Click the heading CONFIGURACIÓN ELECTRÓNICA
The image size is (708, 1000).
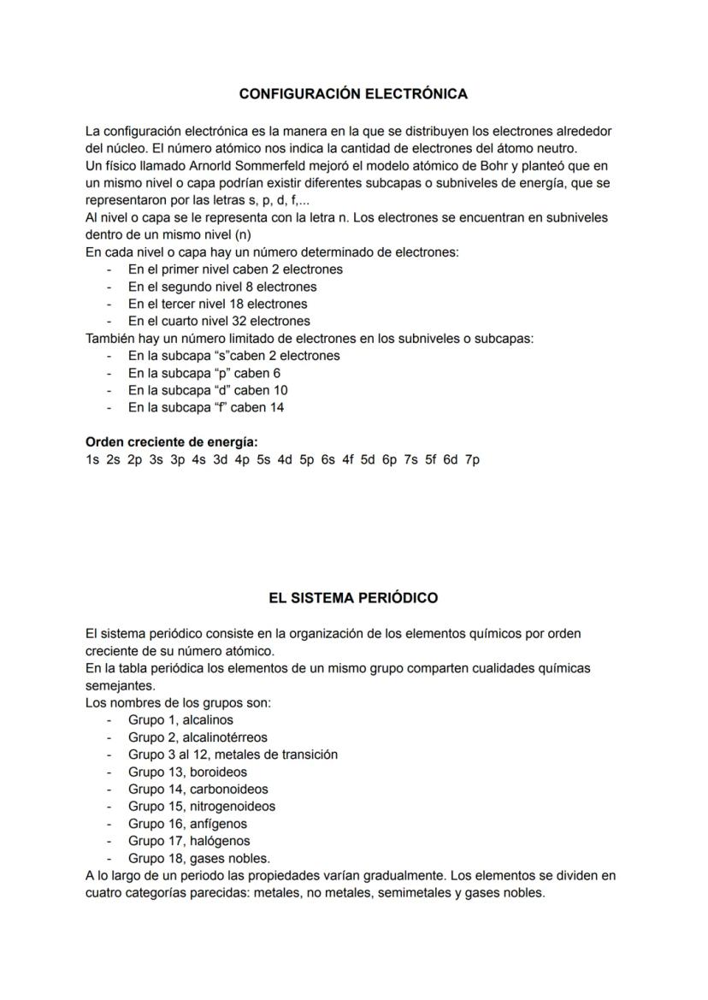pos(353,93)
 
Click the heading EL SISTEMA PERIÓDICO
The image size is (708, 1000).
pos(353,598)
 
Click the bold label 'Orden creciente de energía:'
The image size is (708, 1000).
pos(172,442)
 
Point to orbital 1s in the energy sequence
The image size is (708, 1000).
pos(92,460)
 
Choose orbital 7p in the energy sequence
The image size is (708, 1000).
pos(472,460)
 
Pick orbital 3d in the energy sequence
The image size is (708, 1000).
pos(220,460)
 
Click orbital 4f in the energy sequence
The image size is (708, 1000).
pos(347,460)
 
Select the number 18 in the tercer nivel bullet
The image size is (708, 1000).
pos(233,305)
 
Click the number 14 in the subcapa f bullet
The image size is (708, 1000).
pos(276,408)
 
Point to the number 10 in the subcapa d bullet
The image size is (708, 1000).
pos(280,391)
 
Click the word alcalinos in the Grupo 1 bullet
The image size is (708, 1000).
pos(208,720)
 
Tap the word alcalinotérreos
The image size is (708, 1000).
pos(224,737)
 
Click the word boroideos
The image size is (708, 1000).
pos(218,772)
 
